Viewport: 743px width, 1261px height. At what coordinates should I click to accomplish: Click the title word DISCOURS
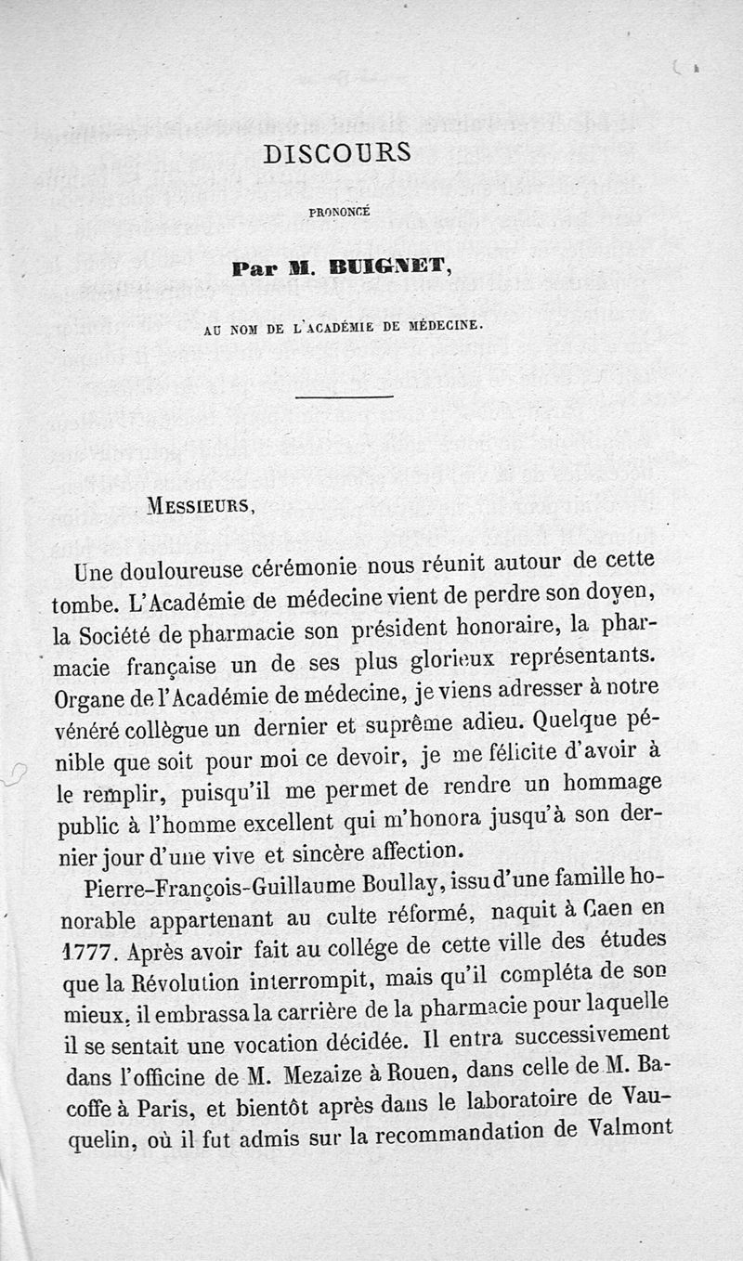pos(337,153)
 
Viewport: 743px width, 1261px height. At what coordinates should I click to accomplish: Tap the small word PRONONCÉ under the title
pos(339,211)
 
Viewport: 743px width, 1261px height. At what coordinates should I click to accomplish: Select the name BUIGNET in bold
pos(383,269)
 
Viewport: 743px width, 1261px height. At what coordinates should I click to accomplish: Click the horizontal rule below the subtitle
pos(344,396)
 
